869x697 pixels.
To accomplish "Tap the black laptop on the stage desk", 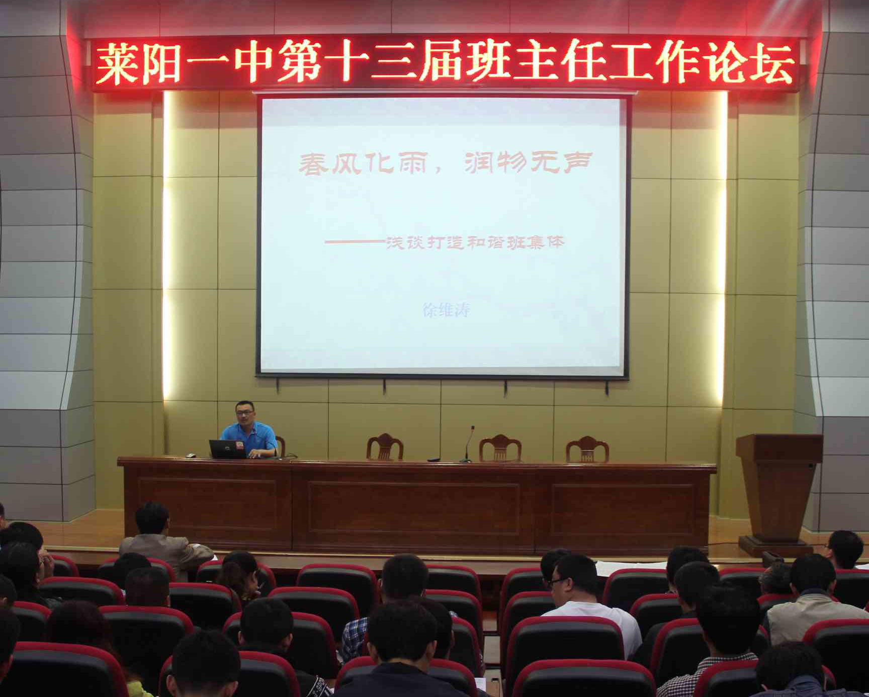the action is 228,449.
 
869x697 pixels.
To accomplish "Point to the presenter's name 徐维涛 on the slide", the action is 446,310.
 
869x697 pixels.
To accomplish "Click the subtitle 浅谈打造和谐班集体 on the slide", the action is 475,243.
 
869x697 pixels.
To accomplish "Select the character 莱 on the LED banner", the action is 117,63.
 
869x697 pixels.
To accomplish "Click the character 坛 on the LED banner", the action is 772,63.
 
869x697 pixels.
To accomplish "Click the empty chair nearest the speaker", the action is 385,447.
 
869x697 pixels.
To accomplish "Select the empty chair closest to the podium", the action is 587,449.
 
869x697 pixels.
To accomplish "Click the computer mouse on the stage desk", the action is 191,456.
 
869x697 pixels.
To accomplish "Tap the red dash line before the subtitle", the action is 355,242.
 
